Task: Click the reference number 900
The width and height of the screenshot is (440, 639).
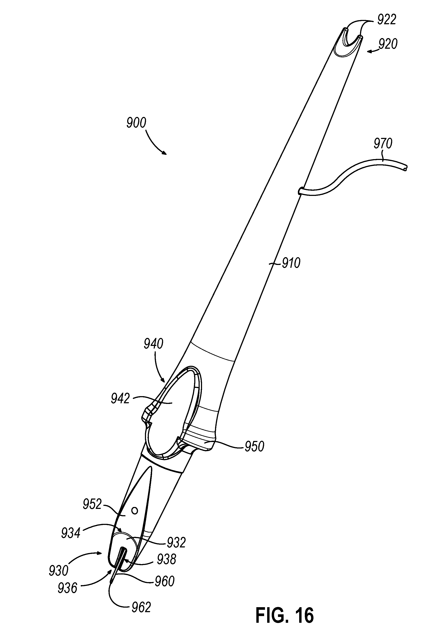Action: point(136,123)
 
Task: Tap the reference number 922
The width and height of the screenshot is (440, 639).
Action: point(387,20)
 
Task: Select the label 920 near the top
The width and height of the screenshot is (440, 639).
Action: point(388,44)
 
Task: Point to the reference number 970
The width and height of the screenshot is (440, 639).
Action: point(383,144)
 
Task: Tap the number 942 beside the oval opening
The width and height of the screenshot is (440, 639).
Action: point(120,399)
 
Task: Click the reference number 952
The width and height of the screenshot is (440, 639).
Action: point(92,505)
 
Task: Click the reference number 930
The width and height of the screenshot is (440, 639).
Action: point(59,571)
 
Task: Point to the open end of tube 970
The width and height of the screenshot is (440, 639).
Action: point(405,168)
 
